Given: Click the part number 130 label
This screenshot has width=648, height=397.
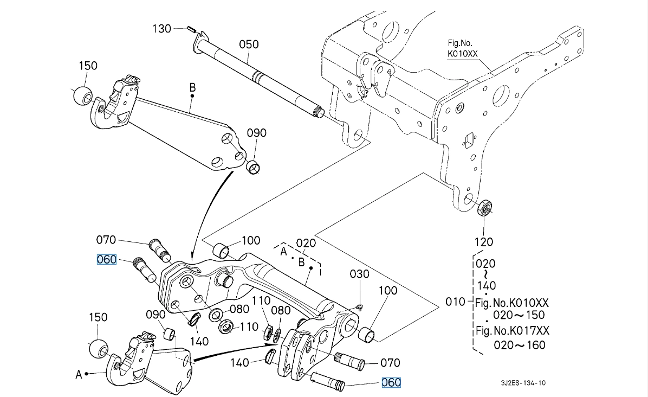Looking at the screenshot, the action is (161, 29).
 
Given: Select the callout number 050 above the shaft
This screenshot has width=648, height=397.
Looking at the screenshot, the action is (249, 44).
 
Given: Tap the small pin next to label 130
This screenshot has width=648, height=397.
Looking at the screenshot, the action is (191, 29).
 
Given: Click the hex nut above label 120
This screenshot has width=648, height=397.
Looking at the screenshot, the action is (484, 207).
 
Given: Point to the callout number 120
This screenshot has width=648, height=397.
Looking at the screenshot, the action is (483, 242).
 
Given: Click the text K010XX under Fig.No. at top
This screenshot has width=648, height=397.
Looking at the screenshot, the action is (463, 54).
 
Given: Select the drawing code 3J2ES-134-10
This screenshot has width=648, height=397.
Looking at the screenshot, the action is (523, 383).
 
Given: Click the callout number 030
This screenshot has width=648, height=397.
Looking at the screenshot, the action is (359, 274).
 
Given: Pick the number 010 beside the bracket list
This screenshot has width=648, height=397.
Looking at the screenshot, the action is (455, 302).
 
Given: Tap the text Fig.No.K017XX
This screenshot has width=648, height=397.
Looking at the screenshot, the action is (513, 331).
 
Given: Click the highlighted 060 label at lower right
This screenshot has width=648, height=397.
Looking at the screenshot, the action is (391, 382).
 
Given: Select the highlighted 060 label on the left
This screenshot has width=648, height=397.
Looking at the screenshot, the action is (106, 260).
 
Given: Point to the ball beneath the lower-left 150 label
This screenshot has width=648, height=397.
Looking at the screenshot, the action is (99, 349).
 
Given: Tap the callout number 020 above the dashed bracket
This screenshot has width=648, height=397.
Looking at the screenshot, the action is (306, 243).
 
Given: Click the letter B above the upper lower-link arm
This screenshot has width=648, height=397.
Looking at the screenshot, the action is (192, 88).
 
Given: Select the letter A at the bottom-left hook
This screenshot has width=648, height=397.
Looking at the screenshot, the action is (79, 375).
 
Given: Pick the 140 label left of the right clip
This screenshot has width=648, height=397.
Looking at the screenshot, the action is (239, 363).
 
